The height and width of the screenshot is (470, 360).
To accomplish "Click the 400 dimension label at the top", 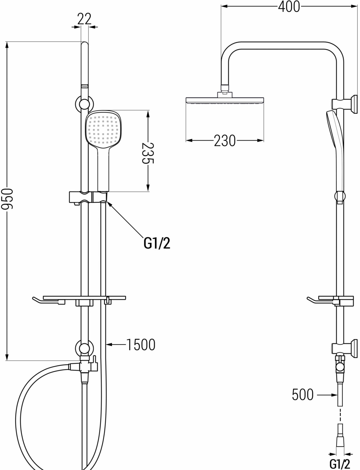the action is pos(289,7).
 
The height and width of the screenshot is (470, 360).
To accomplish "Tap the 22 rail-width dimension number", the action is pos(84,19).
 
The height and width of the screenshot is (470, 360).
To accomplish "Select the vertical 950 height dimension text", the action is pos(7,198).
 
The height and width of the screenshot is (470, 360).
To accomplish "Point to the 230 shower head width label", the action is pos(225,141).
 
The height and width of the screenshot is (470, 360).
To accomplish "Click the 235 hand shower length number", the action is pos(148,153).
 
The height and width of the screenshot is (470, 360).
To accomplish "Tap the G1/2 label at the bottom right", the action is pos(340,463).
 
